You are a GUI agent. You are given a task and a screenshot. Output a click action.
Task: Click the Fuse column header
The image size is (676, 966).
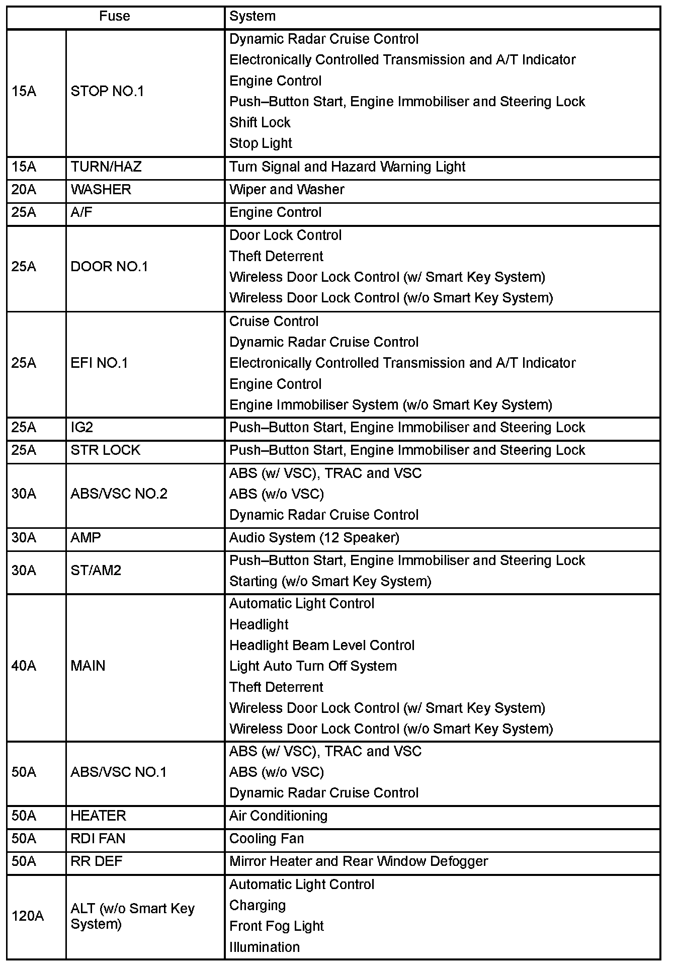114,17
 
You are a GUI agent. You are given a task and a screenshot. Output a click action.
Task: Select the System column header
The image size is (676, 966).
252,17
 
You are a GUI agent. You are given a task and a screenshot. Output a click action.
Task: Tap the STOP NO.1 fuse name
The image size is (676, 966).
107,92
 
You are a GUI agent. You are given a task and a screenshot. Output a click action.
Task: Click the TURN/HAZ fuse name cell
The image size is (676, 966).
106,167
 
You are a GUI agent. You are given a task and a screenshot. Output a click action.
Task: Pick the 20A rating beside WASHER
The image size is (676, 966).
24,190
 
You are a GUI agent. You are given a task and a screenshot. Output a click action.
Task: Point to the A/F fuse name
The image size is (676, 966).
81,213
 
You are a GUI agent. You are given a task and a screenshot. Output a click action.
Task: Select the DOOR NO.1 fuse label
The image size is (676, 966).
109,267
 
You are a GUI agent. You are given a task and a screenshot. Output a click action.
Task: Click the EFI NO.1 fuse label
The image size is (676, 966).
99,363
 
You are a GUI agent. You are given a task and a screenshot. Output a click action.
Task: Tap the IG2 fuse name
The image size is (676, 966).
82,428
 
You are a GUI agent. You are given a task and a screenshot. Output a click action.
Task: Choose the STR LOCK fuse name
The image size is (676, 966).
105,450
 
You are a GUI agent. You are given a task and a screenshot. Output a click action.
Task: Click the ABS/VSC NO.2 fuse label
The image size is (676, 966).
119,494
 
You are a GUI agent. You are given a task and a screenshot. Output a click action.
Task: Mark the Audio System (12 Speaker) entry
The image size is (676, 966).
314,538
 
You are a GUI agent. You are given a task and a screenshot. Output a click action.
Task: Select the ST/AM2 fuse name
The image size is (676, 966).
96,571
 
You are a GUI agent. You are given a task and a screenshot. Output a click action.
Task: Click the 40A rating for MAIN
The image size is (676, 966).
24,666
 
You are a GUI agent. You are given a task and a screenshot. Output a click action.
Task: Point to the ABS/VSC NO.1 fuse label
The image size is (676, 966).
118,772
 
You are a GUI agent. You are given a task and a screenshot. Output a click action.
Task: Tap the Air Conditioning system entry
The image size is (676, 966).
278,816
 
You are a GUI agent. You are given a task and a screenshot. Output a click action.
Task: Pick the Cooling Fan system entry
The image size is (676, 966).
266,839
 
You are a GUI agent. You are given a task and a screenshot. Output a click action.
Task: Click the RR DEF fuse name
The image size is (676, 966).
96,861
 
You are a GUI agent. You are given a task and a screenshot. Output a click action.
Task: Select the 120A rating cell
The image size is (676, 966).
27,916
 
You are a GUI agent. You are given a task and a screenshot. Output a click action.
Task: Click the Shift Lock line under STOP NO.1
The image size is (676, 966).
260,123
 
